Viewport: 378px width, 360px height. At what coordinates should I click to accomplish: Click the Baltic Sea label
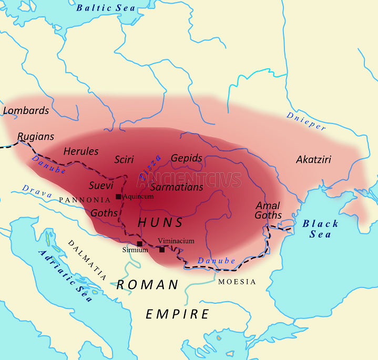pos(106,8)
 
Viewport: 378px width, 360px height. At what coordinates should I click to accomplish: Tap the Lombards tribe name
pos(26,110)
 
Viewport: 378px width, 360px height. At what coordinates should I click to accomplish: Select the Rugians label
pos(36,137)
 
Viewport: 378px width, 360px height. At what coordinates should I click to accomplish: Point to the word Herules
pos(81,151)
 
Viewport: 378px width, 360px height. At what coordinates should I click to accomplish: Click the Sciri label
pos(124,159)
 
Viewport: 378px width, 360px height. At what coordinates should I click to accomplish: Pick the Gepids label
pos(187,158)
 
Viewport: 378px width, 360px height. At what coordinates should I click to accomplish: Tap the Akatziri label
pos(313,159)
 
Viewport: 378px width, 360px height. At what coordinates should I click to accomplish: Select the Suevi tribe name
pos(101,185)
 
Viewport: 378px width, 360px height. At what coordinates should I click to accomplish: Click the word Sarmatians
pos(177,187)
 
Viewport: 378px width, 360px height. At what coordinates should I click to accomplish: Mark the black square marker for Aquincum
pos(118,197)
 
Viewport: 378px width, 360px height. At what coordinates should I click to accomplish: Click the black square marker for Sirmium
pos(139,243)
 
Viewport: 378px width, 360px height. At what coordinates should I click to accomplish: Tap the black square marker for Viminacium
pos(162,249)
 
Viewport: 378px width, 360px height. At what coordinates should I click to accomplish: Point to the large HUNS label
pos(160,223)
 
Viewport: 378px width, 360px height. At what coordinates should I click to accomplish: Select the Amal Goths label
pos(268,210)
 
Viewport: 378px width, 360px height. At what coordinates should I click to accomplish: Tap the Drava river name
pos(37,191)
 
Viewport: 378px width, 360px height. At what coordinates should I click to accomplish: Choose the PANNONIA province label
pos(85,200)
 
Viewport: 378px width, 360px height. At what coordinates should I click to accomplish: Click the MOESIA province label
pos(237,282)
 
